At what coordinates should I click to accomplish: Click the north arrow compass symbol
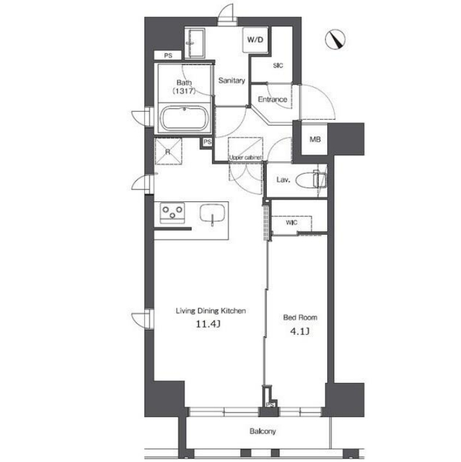pyautogui.click(x=335, y=39)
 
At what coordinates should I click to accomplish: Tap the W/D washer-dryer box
pyautogui.click(x=256, y=39)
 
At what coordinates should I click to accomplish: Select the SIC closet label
pyautogui.click(x=278, y=65)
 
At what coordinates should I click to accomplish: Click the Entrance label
pyautogui.click(x=273, y=99)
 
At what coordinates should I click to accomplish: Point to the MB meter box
pyautogui.click(x=315, y=139)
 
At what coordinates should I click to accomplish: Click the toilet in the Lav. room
pyautogui.click(x=312, y=180)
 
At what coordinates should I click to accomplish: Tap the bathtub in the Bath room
pyautogui.click(x=184, y=118)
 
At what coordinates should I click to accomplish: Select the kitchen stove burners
pyautogui.click(x=173, y=213)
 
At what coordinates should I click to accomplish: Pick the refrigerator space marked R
pyautogui.click(x=168, y=151)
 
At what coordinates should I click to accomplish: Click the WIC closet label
pyautogui.click(x=291, y=222)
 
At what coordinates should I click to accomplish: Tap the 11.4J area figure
pyautogui.click(x=208, y=324)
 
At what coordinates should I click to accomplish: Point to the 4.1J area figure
pyautogui.click(x=300, y=331)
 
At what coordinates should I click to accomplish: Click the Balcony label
pyautogui.click(x=263, y=431)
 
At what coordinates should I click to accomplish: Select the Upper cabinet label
pyautogui.click(x=245, y=158)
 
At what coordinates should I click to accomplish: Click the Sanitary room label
pyautogui.click(x=232, y=80)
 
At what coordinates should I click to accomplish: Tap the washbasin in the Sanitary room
pyautogui.click(x=196, y=43)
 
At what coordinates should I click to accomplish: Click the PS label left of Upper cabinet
pyautogui.click(x=207, y=142)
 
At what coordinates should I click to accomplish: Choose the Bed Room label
pyautogui.click(x=300, y=317)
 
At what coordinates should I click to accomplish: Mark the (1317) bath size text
pyautogui.click(x=184, y=91)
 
